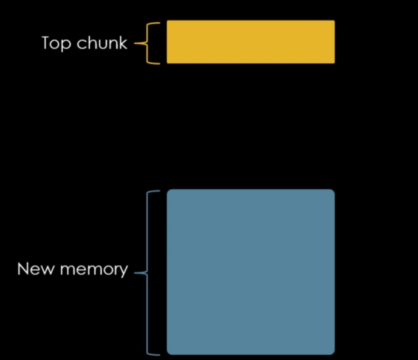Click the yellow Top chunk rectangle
pos(250,42)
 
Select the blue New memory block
pos(250,272)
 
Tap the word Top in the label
pos(57,44)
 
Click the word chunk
pos(102,43)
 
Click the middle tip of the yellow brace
pos(136,44)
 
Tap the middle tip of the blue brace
pos(136,273)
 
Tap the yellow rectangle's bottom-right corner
pos(334,62)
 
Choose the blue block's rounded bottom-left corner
pos(169,352)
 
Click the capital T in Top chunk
pos(46,43)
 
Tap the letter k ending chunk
pos(123,43)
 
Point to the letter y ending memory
pos(123,271)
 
